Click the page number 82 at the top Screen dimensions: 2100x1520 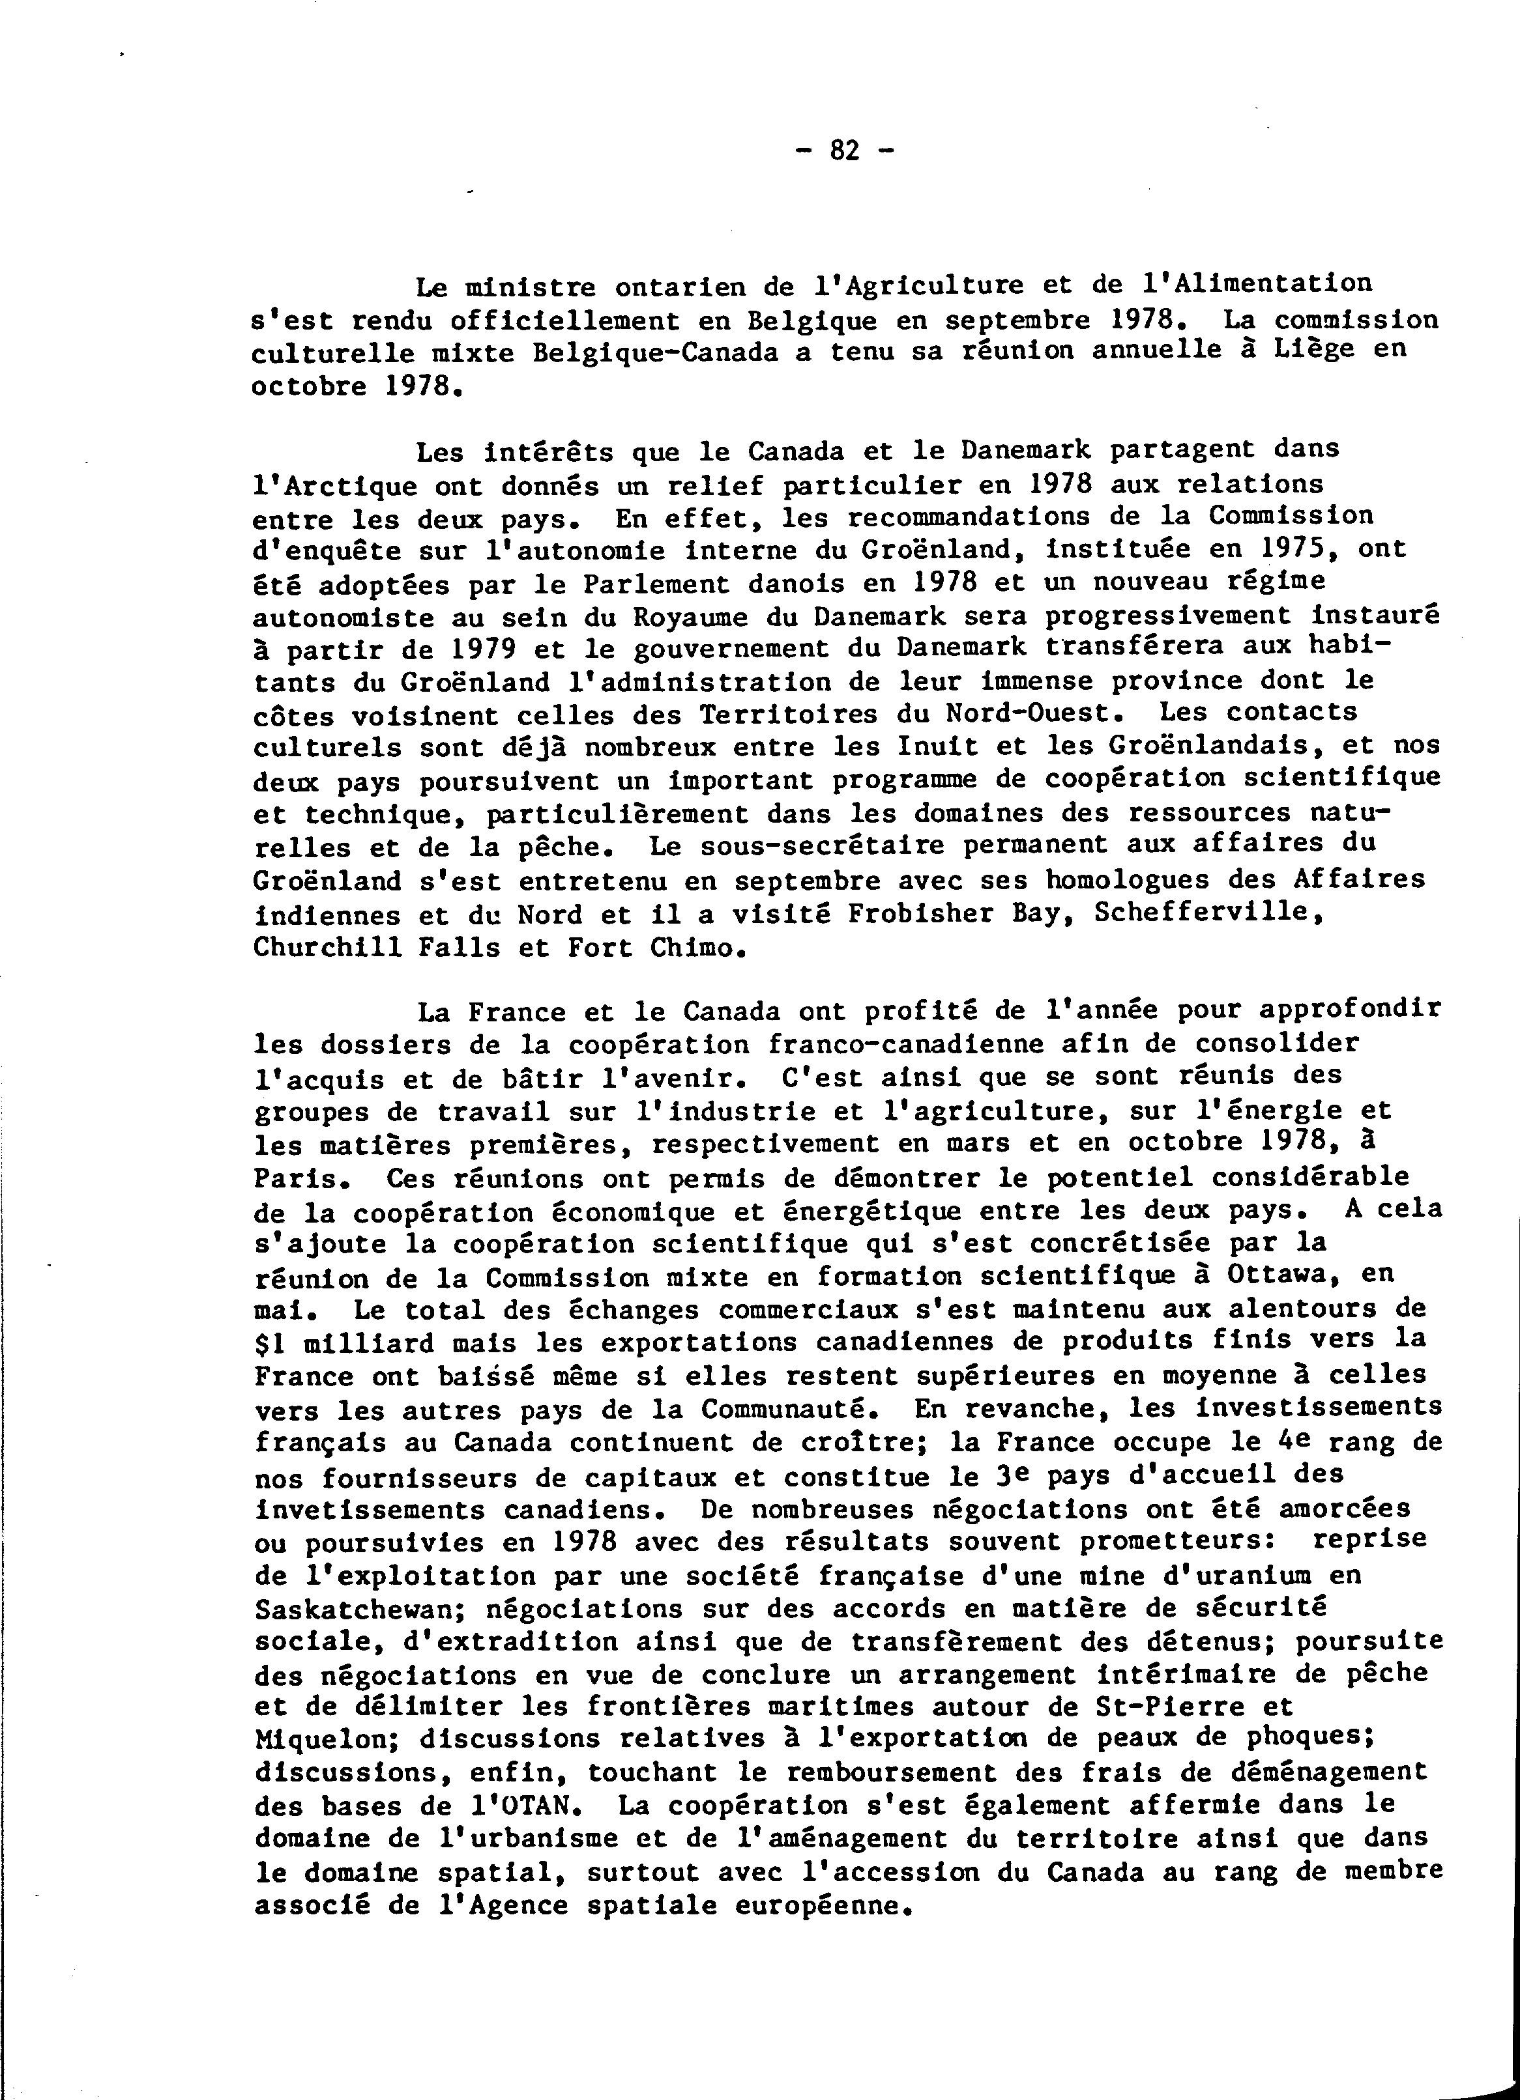click(845, 150)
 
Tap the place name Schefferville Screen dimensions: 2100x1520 click(1205, 913)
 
